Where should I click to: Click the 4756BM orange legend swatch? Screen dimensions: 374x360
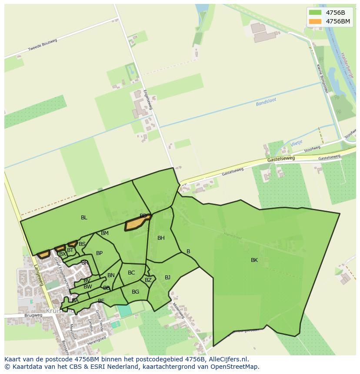click(315, 21)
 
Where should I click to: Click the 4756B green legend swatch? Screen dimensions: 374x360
click(315, 13)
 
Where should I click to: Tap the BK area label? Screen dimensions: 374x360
click(254, 260)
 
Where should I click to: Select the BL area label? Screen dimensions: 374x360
click(84, 218)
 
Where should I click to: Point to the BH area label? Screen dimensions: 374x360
click(161, 238)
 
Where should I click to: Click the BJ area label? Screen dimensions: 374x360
click(167, 278)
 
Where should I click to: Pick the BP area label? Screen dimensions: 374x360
click(99, 253)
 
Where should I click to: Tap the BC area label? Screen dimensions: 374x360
click(131, 273)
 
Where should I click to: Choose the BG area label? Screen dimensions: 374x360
click(135, 292)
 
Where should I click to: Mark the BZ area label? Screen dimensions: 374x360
click(148, 280)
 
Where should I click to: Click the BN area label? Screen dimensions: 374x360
click(111, 275)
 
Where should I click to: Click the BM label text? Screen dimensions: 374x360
click(105, 233)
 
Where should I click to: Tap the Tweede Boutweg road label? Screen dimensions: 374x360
click(43, 45)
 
